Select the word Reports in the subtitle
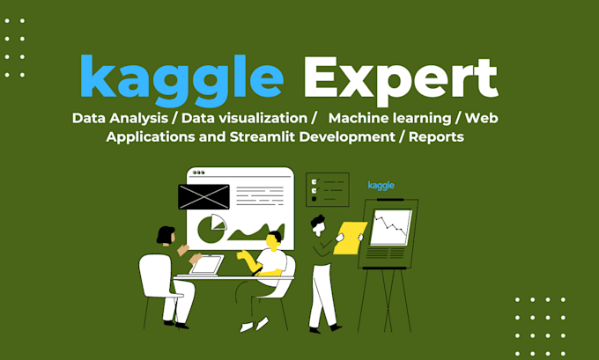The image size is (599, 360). [x=431, y=136]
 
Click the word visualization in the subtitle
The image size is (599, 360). [x=250, y=117]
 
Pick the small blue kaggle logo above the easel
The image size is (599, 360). [x=381, y=185]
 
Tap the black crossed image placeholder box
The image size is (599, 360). [x=203, y=196]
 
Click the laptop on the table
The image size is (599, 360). [x=208, y=264]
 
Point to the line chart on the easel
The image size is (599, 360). [x=390, y=227]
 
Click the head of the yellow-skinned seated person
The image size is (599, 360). [x=274, y=239]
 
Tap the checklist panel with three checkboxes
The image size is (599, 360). [x=327, y=188]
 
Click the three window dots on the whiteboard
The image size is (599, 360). [x=199, y=173]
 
